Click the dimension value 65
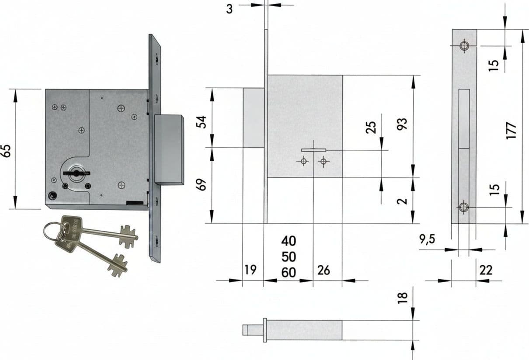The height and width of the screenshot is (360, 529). pyautogui.click(x=7, y=151)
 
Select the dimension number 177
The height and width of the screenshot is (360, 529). pyautogui.click(x=512, y=131)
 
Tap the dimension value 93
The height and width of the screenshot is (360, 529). pyautogui.click(x=402, y=124)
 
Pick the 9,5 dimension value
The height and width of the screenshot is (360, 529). pyautogui.click(x=427, y=239)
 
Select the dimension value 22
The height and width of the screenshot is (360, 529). pyautogui.click(x=486, y=270)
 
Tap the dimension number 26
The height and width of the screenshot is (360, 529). pyautogui.click(x=324, y=270)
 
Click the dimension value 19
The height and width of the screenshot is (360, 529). pyautogui.click(x=251, y=270)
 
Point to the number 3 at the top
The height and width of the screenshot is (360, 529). pyautogui.click(x=229, y=9)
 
